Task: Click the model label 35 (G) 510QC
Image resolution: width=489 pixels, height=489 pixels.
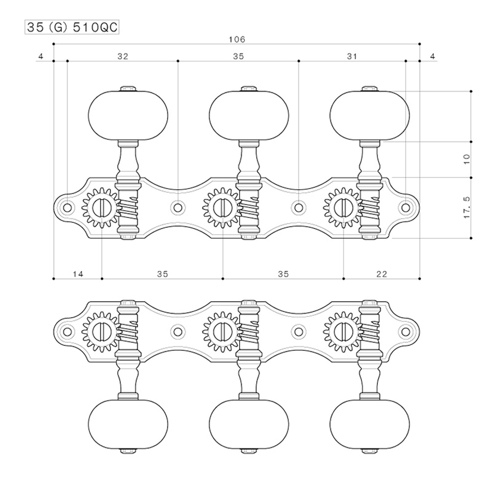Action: [x=72, y=27]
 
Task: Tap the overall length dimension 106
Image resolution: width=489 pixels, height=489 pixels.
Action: [x=237, y=40]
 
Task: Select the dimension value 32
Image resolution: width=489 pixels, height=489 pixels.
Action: [x=123, y=56]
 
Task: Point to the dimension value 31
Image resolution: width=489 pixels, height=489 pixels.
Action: [x=352, y=56]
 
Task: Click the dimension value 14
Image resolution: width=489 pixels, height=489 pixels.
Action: [x=78, y=274]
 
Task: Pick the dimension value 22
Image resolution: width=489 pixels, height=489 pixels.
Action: [x=382, y=274]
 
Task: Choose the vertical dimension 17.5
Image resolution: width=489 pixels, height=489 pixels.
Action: [x=467, y=207]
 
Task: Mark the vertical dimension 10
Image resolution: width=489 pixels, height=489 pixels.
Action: [x=467, y=159]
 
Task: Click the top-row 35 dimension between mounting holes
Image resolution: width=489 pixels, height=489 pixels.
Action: [x=238, y=56]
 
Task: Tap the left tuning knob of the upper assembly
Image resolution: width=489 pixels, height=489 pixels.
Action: [x=128, y=115]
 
